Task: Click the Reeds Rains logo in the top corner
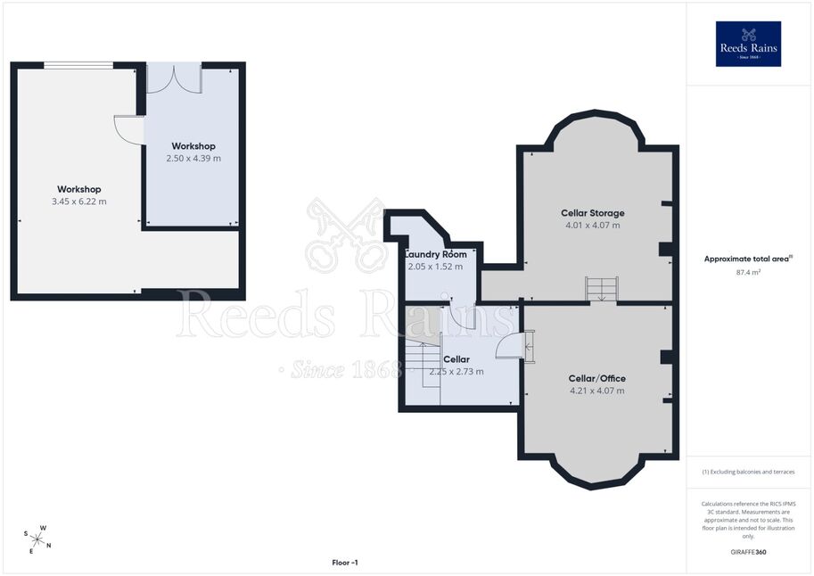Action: coord(748,44)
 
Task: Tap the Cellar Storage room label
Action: coord(592,213)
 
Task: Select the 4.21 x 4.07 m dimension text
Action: coord(597,391)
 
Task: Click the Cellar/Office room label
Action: coord(597,379)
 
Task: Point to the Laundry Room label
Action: coord(436,254)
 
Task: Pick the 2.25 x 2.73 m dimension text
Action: coord(456,371)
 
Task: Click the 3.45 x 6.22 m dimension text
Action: coord(79,202)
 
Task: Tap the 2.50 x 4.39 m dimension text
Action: coord(193,159)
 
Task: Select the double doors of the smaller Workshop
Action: coord(175,78)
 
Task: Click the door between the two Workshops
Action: coord(128,129)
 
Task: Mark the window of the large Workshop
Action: coord(78,65)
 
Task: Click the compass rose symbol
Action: coord(37,539)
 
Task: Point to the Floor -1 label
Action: coord(345,563)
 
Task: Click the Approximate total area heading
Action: coord(748,259)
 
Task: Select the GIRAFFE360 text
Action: coord(748,552)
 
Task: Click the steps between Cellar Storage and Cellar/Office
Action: coord(602,289)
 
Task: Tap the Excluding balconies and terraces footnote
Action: coord(748,472)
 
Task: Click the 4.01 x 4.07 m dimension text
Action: coord(592,226)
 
